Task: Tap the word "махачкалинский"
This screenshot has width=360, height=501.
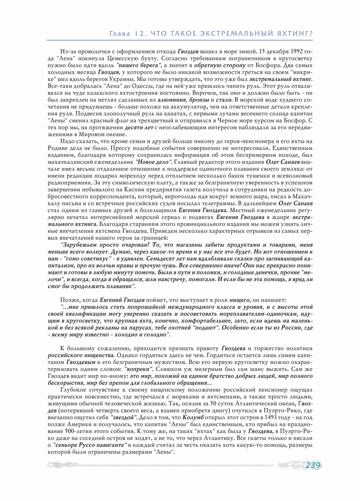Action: point(72,162)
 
